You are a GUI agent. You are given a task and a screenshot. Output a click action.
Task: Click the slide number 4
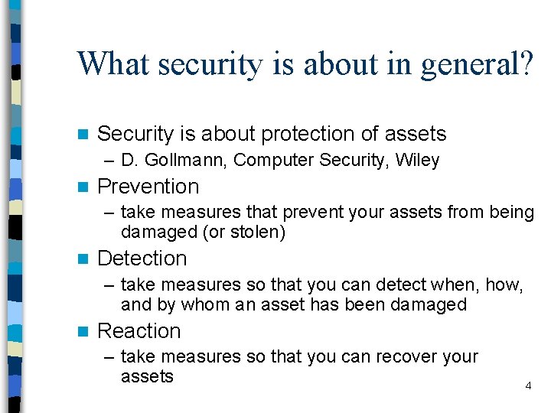click(528, 386)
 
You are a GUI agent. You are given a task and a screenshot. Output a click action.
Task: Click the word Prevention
click(148, 187)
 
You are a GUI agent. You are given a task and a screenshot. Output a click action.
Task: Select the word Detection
click(142, 259)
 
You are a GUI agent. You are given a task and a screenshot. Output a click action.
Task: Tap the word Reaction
click(139, 331)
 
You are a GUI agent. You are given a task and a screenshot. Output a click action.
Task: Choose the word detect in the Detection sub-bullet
click(396, 285)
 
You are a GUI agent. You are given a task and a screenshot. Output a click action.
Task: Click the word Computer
click(269, 161)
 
